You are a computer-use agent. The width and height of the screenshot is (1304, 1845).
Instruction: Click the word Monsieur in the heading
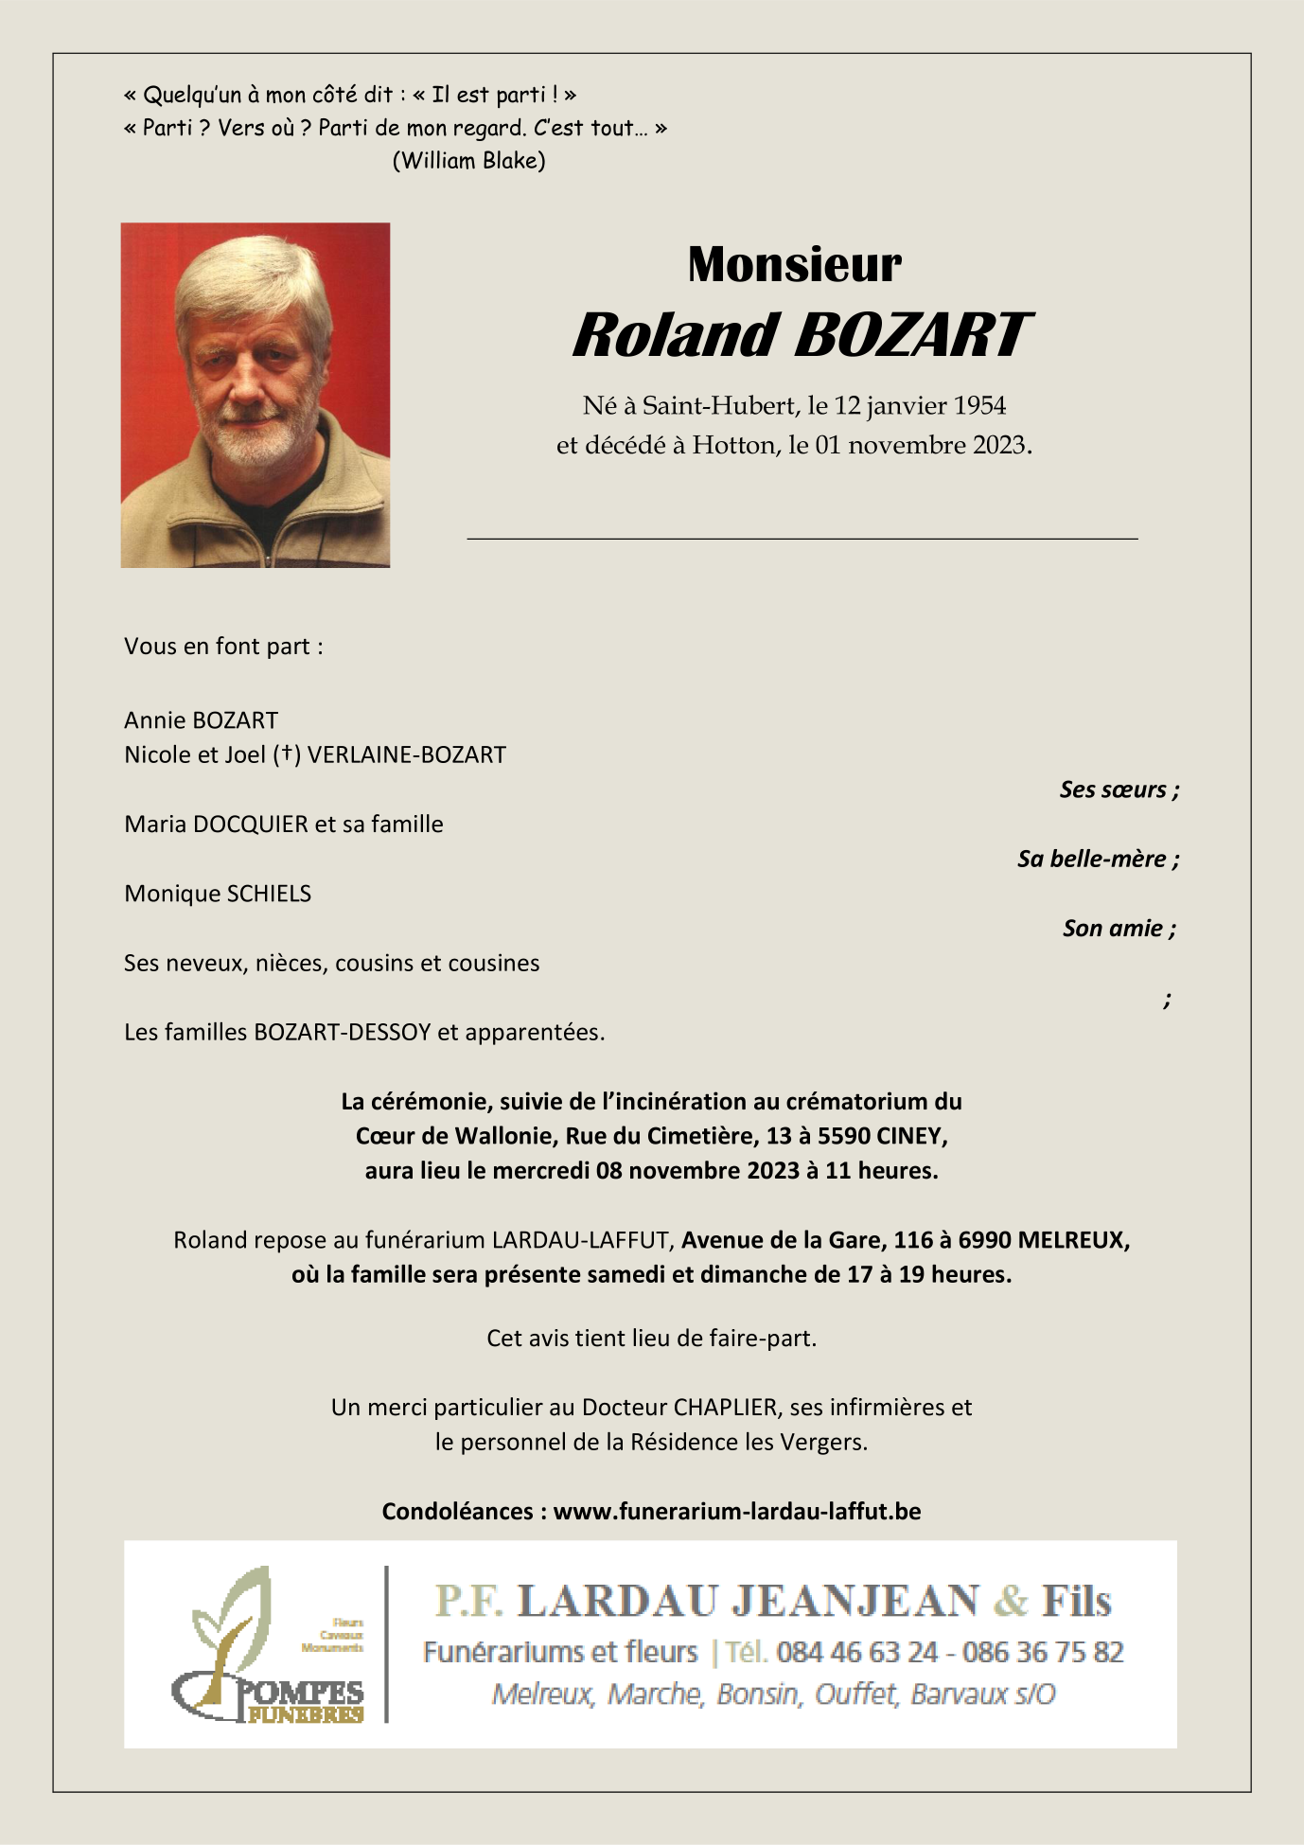point(794,264)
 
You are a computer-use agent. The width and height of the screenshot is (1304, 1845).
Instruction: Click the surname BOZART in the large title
point(910,335)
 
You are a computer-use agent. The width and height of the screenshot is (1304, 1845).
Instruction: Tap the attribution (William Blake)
point(468,160)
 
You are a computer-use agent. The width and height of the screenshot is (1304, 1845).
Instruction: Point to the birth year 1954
point(979,406)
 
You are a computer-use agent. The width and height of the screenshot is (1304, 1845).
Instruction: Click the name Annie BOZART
point(201,720)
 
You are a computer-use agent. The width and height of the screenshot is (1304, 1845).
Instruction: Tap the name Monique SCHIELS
point(218,894)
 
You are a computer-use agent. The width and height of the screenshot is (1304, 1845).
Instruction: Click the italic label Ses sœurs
point(1118,789)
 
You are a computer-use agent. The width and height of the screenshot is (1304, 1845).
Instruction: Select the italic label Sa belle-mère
point(1096,859)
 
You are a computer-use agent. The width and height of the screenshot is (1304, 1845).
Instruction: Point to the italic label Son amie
point(1117,928)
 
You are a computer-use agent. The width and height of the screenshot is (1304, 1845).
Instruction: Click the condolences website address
point(736,1511)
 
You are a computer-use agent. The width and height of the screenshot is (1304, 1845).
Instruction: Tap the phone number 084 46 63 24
point(856,1652)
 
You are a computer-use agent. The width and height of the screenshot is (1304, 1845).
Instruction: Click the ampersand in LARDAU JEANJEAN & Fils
point(1011,1601)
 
